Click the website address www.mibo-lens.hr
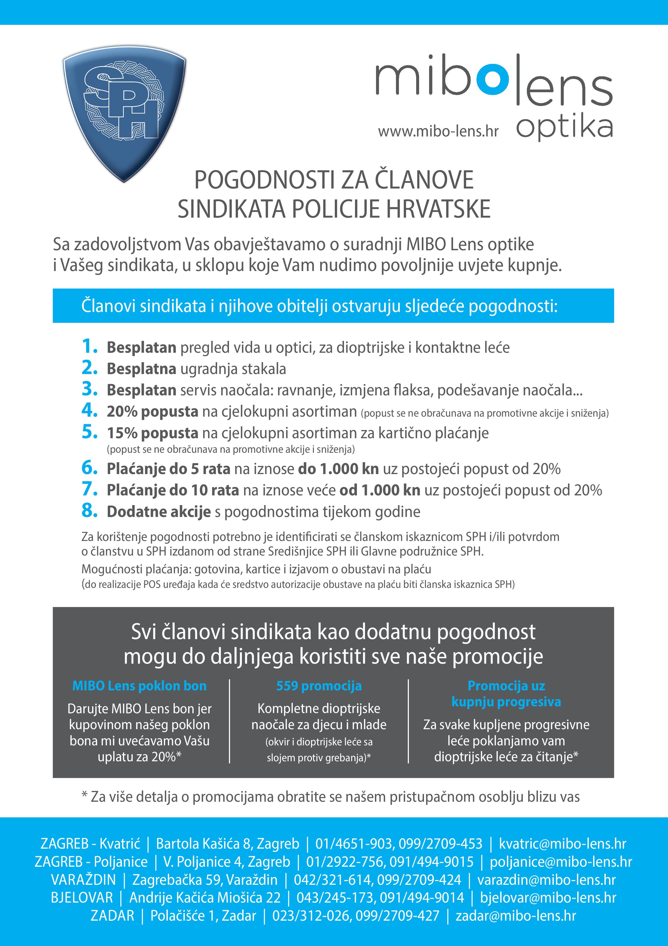pos(438,131)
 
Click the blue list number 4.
pos(89,410)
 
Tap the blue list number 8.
pos(89,510)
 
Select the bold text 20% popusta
pos(152,412)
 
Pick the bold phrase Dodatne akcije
pos(158,512)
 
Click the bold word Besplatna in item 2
pos(141,369)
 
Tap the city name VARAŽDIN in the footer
pos(83,880)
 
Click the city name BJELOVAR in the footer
pos(82,897)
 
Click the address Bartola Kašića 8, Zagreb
pos(228,844)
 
